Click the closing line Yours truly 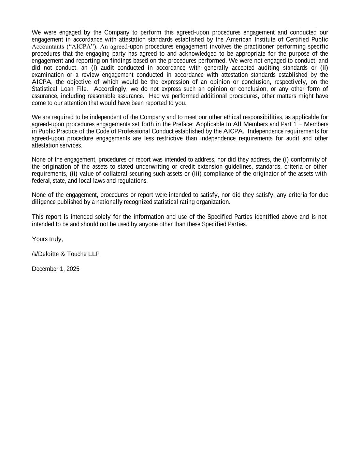[47, 239]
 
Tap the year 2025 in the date [73, 269]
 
